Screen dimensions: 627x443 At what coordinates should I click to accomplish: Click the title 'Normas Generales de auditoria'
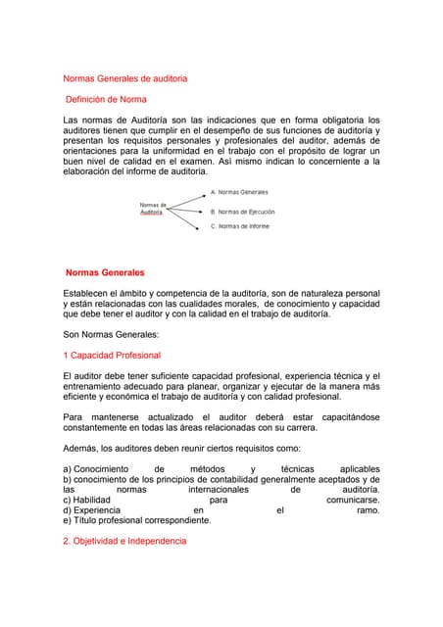(x=124, y=77)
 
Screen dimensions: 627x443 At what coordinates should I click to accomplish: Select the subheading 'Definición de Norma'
(x=106, y=100)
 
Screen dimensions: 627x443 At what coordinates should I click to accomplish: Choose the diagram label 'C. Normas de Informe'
(x=239, y=226)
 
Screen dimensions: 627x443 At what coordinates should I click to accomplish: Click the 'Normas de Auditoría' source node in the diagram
(x=153, y=208)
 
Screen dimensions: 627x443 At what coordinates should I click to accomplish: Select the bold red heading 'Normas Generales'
(x=105, y=271)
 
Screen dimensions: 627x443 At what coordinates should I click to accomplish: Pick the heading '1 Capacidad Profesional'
(x=111, y=356)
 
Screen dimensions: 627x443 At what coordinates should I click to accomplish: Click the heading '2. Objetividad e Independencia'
(x=123, y=541)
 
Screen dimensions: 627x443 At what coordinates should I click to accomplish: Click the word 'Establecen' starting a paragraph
(x=87, y=293)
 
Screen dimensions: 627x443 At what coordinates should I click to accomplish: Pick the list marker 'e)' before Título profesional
(x=67, y=520)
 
